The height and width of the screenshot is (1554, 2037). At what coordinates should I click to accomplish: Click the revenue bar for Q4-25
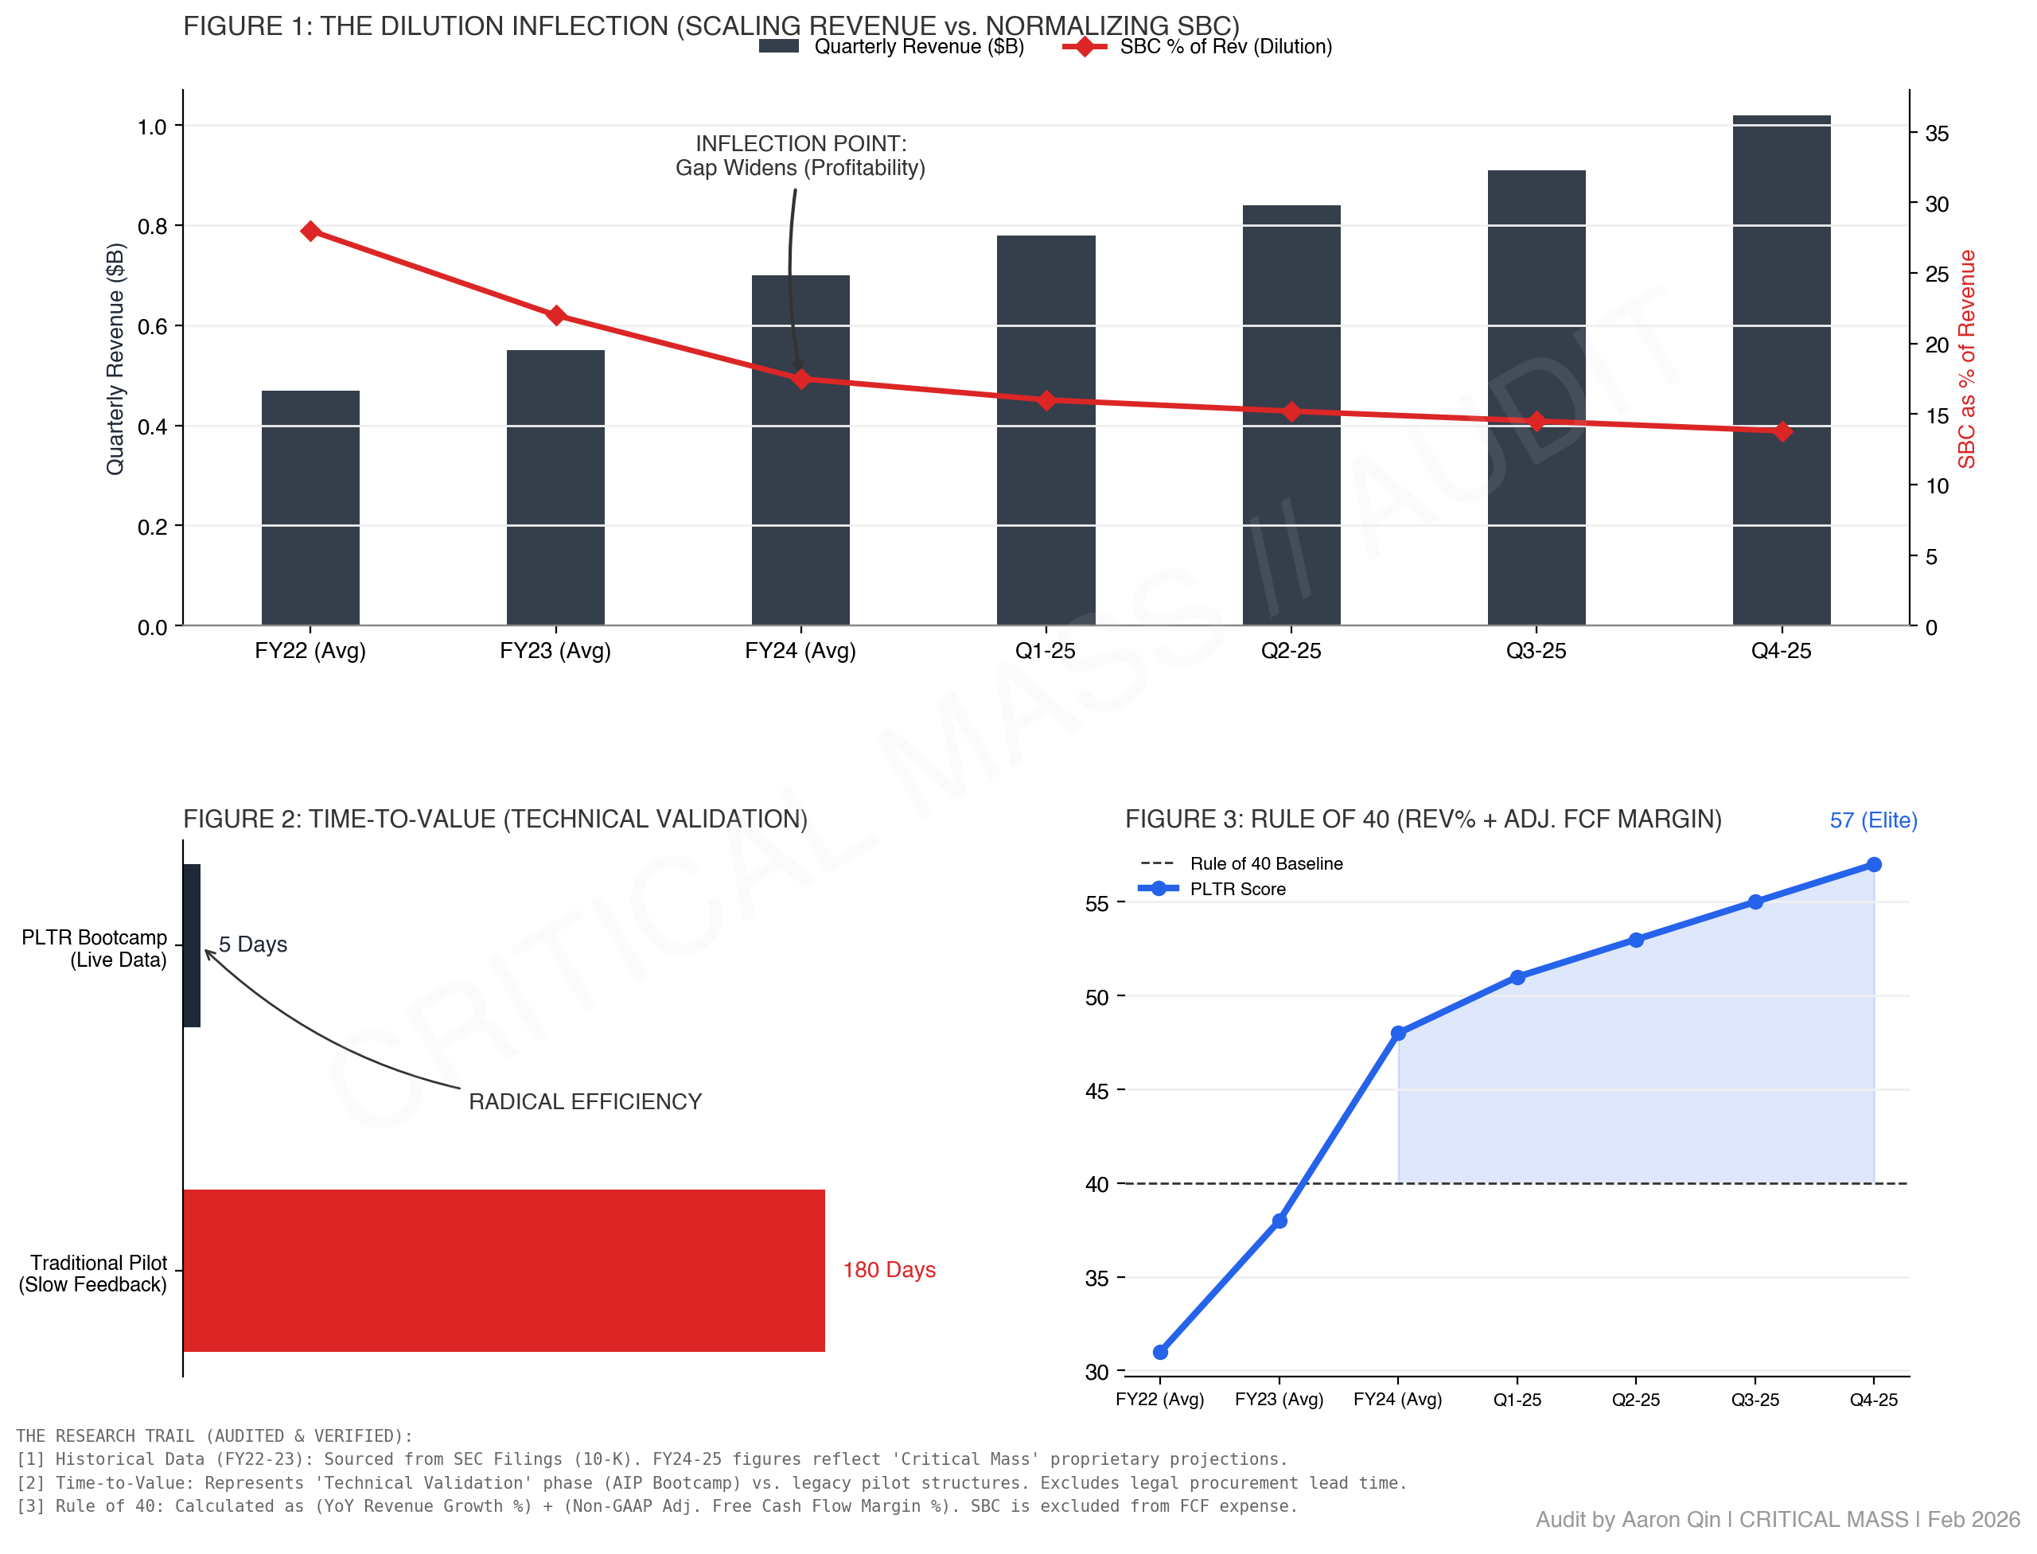click(x=1781, y=370)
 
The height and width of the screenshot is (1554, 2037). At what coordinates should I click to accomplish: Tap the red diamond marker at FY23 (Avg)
click(x=556, y=315)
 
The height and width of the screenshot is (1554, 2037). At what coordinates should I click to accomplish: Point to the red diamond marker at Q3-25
click(x=1537, y=421)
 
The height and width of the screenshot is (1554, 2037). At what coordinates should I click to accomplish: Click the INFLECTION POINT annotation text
click(x=800, y=155)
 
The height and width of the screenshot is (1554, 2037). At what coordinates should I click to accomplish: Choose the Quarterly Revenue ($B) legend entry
click(x=893, y=46)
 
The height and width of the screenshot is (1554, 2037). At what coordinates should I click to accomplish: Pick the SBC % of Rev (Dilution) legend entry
click(x=1199, y=46)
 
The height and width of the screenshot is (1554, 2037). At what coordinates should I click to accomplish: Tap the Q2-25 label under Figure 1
click(x=1291, y=650)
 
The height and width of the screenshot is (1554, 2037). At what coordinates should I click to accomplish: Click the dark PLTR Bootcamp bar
click(x=192, y=944)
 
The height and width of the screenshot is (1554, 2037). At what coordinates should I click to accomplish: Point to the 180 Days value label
click(x=889, y=1270)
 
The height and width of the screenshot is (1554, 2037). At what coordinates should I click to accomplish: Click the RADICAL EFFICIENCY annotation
click(x=585, y=1102)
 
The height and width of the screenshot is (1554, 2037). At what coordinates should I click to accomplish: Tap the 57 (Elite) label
click(x=1873, y=820)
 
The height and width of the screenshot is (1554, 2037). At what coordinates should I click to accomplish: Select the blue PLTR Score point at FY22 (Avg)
click(x=1160, y=1353)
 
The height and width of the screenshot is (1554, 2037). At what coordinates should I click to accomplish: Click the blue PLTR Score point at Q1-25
click(x=1517, y=978)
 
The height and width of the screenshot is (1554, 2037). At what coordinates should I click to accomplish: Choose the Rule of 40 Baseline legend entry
click(x=1242, y=864)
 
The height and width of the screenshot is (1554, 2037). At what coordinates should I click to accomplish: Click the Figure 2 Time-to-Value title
click(x=495, y=820)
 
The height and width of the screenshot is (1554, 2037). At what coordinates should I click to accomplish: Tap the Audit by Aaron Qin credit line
click(x=1777, y=1520)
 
